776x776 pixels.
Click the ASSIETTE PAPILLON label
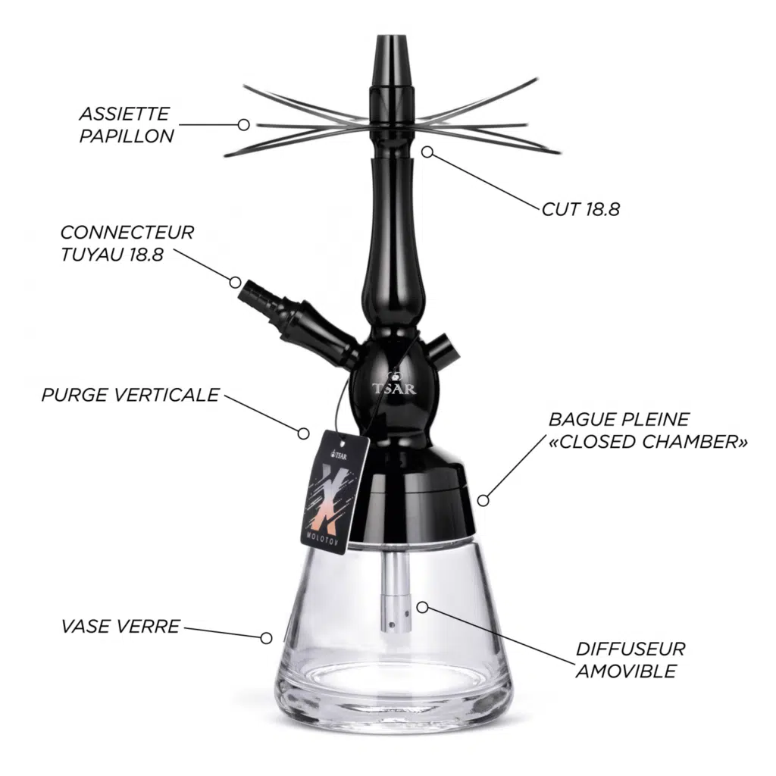click(x=127, y=125)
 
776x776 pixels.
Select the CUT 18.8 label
click(x=580, y=209)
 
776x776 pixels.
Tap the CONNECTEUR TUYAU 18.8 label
click(x=127, y=243)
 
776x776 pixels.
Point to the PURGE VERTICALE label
click(x=130, y=395)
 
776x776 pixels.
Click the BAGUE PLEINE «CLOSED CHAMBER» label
click(x=648, y=430)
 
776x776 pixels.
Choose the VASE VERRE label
click(x=120, y=626)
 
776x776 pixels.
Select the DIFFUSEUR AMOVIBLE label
click(x=630, y=660)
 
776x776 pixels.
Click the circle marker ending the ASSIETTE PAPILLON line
click(x=243, y=125)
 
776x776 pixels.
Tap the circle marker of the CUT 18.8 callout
click(x=427, y=152)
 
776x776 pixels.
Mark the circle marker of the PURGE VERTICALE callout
click(x=303, y=433)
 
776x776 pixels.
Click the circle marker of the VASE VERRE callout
click(x=266, y=638)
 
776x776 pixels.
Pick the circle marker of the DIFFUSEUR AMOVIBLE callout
click(x=422, y=607)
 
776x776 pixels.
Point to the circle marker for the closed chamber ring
click(x=483, y=500)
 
